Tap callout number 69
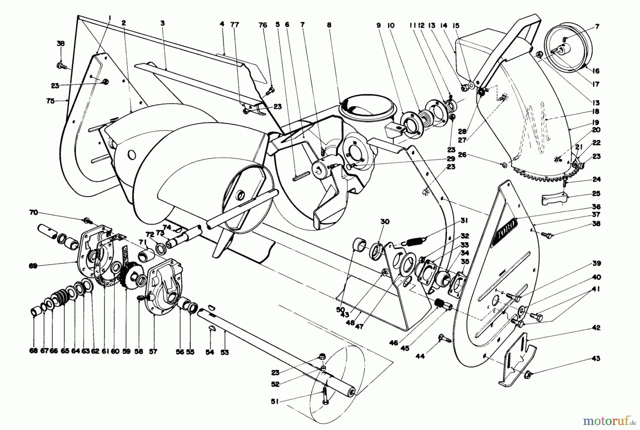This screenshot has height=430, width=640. pyautogui.click(x=33, y=266)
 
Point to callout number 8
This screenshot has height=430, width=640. pyautogui.click(x=329, y=25)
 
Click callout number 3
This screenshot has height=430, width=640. pyautogui.click(x=162, y=24)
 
